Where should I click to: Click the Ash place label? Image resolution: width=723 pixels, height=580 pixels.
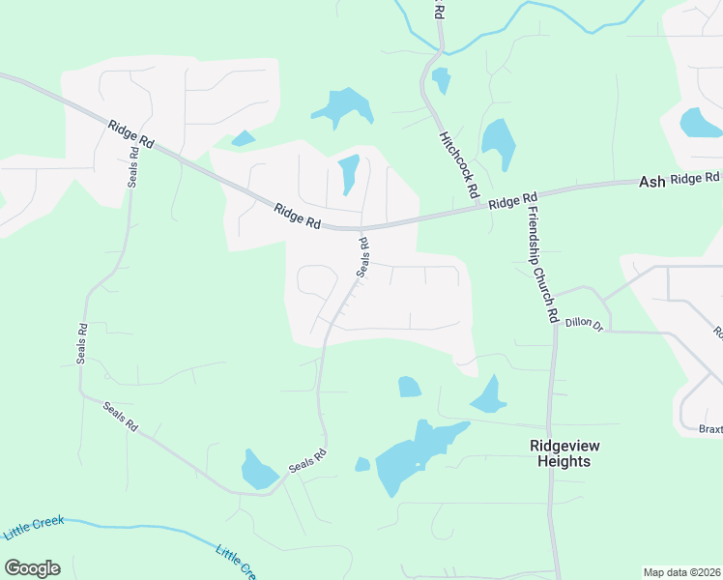(x=651, y=182)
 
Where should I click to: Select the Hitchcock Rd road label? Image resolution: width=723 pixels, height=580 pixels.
(x=459, y=165)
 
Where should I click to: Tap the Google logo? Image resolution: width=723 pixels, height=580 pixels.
(x=32, y=568)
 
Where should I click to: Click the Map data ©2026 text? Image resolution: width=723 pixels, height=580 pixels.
(x=680, y=572)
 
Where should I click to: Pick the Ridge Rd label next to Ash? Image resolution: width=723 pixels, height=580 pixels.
(x=696, y=179)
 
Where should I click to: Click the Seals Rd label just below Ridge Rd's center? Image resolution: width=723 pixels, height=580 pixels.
(x=364, y=257)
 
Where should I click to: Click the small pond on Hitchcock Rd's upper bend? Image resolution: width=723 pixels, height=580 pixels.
(x=441, y=80)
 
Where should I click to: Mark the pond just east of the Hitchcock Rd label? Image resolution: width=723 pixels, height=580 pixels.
(x=498, y=142)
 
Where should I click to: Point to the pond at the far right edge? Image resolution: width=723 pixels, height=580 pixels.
(x=699, y=123)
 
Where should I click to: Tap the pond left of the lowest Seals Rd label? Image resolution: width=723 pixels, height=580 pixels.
(x=260, y=470)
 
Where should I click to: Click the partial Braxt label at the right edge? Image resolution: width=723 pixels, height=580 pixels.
(x=710, y=428)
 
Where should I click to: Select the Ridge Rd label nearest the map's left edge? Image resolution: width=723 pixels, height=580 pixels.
(x=131, y=133)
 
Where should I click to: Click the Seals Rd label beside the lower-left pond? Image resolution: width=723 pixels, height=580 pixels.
(x=307, y=462)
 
